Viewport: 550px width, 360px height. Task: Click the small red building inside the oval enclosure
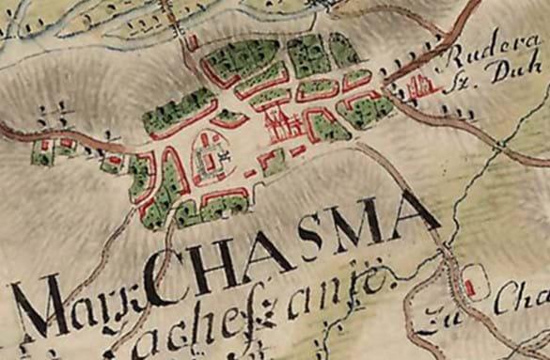(468, 281)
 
